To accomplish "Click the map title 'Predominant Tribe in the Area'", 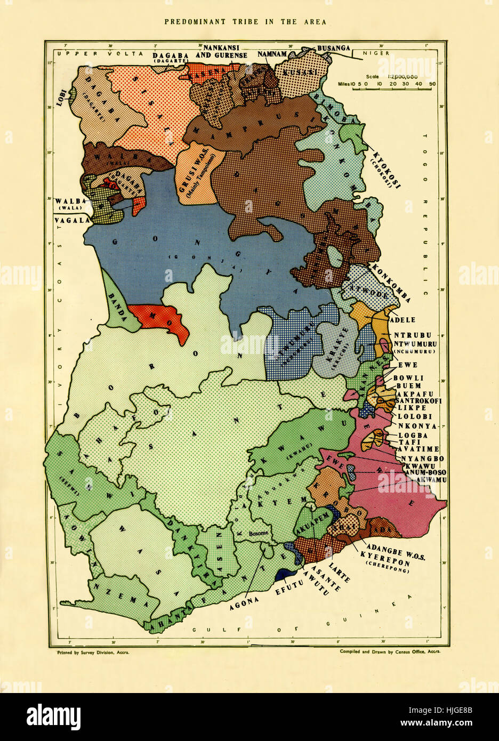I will point(245,22).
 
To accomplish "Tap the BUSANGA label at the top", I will point(333,48).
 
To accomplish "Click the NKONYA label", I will point(421,426).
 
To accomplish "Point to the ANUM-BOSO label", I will point(425,472).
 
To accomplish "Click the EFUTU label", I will point(291,591).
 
